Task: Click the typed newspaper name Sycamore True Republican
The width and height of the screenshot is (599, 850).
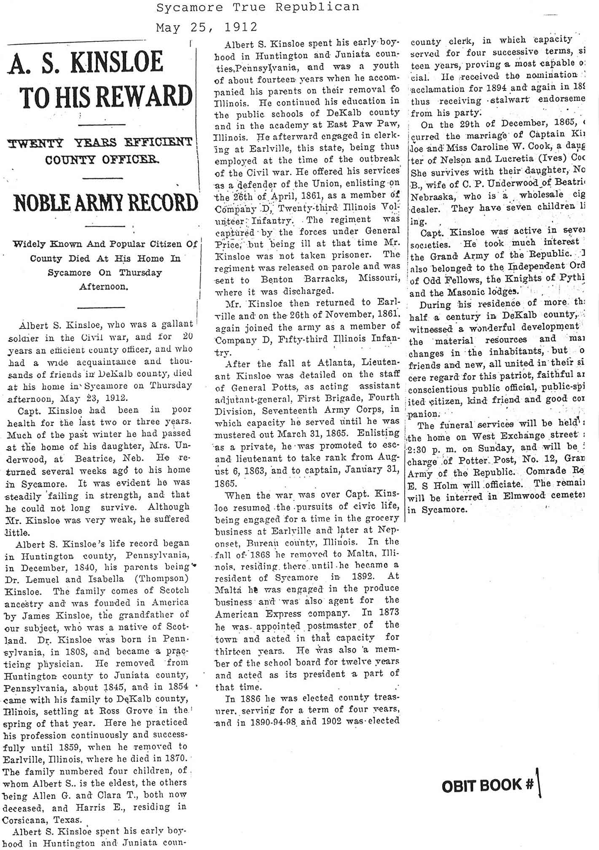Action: pyautogui.click(x=258, y=7)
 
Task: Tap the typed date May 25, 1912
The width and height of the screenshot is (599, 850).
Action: pyautogui.click(x=207, y=27)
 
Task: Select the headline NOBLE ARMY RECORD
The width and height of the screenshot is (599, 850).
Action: pyautogui.click(x=106, y=203)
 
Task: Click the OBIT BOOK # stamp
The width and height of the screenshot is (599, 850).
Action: pyautogui.click(x=488, y=785)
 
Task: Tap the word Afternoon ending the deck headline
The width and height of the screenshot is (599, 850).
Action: pyautogui.click(x=103, y=287)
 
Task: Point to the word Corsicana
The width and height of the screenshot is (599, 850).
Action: pyautogui.click(x=21, y=820)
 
